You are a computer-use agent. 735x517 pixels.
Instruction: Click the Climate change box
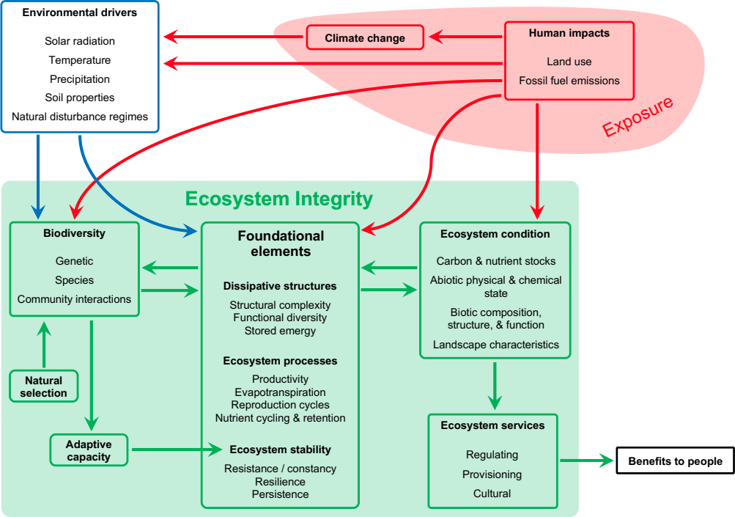click(x=364, y=38)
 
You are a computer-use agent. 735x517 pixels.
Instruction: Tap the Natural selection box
click(x=43, y=386)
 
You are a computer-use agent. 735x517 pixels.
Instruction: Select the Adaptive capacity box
click(x=89, y=450)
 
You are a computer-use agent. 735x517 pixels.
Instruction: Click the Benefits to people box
click(x=675, y=461)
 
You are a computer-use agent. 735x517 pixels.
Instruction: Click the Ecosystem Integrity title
click(x=278, y=199)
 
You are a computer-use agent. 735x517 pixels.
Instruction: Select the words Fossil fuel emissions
click(x=569, y=81)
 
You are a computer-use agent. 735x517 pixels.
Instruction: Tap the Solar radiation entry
click(x=80, y=41)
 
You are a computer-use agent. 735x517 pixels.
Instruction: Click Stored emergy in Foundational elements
click(x=280, y=331)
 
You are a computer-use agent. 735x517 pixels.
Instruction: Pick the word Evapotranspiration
click(x=280, y=392)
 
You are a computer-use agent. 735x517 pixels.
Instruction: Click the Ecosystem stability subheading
click(x=280, y=450)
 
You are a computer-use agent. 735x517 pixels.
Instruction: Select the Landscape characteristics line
click(x=495, y=345)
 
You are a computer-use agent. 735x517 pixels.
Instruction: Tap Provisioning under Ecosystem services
click(x=492, y=474)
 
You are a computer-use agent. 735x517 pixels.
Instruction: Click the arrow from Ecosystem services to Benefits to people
click(x=586, y=461)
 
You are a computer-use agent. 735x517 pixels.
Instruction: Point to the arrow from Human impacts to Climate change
click(x=466, y=35)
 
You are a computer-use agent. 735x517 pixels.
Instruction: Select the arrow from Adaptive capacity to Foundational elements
click(x=176, y=449)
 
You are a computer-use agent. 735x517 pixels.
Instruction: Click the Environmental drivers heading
click(x=79, y=12)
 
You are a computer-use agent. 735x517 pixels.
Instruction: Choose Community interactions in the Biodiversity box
click(x=74, y=299)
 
